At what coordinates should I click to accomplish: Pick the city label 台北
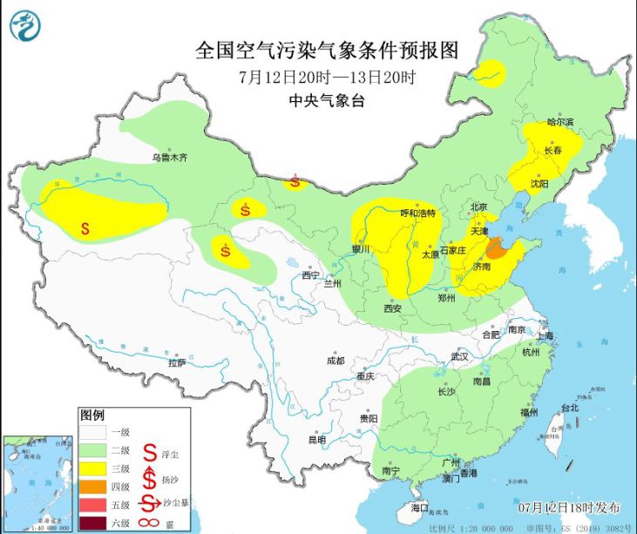(x=569, y=407)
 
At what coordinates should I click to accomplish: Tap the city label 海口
(x=420, y=506)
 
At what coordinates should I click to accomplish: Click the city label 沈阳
(x=539, y=184)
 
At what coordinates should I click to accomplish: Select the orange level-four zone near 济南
(x=497, y=249)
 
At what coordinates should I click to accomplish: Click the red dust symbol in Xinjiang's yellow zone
(x=85, y=229)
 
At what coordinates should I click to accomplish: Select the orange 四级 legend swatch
(x=94, y=486)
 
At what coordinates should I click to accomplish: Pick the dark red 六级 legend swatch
(x=94, y=523)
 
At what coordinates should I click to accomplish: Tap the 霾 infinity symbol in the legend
(x=149, y=523)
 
